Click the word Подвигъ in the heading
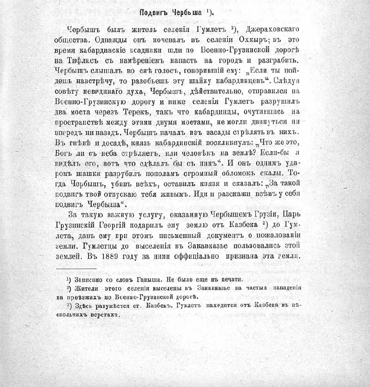click(x=153, y=12)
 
